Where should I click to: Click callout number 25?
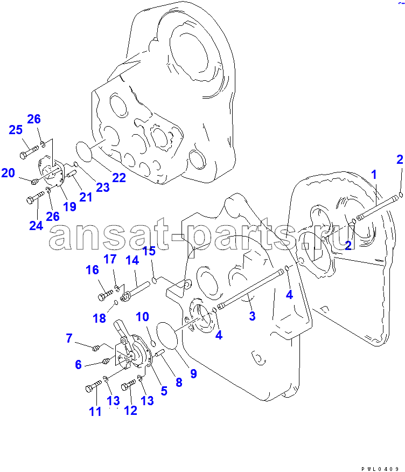[15, 130]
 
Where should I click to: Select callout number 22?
[119, 178]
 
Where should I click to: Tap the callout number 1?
[374, 174]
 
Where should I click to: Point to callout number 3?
[252, 316]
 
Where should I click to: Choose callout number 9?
[193, 373]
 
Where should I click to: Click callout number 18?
[99, 318]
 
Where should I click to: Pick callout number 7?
[69, 338]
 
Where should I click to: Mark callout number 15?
[149, 251]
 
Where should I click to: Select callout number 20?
[8, 173]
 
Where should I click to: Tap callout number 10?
[142, 316]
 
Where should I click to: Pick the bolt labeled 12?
[129, 385]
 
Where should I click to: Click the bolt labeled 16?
[106, 294]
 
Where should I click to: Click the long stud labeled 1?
[378, 207]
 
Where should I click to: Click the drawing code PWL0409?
[380, 469]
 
